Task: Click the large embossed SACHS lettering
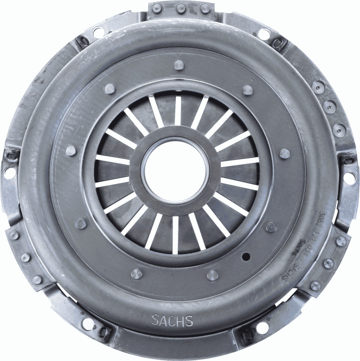click(x=172, y=321)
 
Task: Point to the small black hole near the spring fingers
click(x=246, y=257)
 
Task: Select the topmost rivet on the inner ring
click(x=179, y=65)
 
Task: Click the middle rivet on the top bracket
click(x=181, y=9)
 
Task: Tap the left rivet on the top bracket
click(x=157, y=8)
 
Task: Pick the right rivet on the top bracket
click(x=205, y=9)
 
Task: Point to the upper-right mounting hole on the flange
click(x=264, y=34)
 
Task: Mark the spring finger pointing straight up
click(x=178, y=110)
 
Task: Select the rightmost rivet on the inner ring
click(x=285, y=154)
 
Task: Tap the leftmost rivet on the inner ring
click(x=71, y=150)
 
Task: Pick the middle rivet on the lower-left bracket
click(x=25, y=257)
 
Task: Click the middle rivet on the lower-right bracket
click(x=328, y=263)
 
